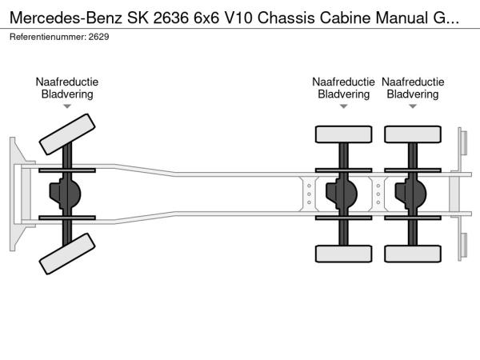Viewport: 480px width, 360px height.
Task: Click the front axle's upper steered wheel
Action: point(68,134)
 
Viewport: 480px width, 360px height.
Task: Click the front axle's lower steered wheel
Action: point(68,257)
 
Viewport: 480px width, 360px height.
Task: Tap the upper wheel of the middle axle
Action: point(343,134)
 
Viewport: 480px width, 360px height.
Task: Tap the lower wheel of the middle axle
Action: point(343,254)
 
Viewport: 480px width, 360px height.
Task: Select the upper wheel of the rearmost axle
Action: point(412,134)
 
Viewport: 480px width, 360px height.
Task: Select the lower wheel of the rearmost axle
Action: point(412,254)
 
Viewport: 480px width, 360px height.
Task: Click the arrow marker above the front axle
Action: point(67,106)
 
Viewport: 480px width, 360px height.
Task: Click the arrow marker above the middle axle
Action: point(343,106)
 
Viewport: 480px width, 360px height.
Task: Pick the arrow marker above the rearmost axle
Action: point(412,106)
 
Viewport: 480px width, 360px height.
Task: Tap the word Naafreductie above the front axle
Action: point(67,82)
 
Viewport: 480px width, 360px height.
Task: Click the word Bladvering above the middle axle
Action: point(343,94)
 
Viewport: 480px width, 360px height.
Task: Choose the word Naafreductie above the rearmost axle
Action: point(412,82)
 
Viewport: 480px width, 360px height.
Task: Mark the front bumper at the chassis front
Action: point(14,193)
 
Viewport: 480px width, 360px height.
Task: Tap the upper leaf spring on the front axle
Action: point(67,171)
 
